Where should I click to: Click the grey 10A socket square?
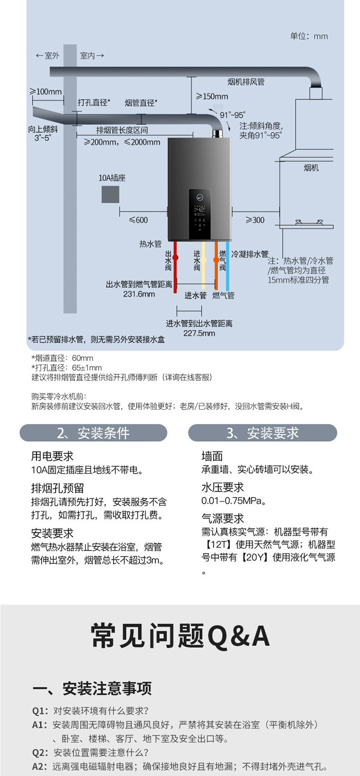(x=110, y=194)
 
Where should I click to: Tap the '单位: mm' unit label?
(x=309, y=36)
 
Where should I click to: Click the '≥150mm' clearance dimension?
(x=212, y=97)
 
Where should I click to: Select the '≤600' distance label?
(x=138, y=220)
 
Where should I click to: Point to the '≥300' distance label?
(x=255, y=220)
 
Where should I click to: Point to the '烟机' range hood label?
(x=311, y=168)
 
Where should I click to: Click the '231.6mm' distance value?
(x=139, y=294)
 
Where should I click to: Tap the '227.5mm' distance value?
(x=199, y=333)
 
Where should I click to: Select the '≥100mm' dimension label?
(x=46, y=92)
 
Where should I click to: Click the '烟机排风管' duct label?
(x=246, y=82)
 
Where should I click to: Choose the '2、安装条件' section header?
(x=93, y=433)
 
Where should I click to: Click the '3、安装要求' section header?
(x=263, y=433)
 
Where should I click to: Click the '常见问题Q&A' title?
(x=180, y=636)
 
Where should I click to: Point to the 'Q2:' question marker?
(x=40, y=752)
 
